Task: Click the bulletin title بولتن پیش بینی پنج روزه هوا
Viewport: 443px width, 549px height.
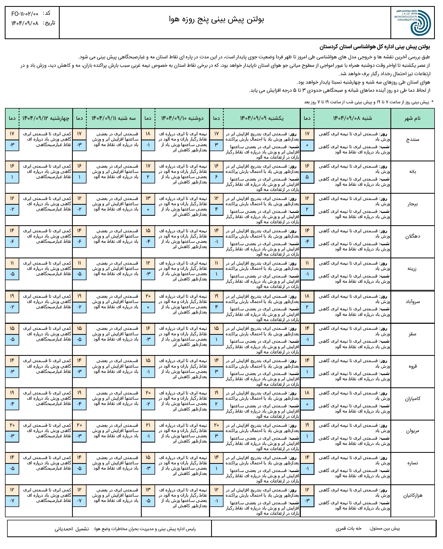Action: [217, 19]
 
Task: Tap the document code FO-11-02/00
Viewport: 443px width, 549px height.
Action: [25, 14]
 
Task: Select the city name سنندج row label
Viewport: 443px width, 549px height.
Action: [413, 140]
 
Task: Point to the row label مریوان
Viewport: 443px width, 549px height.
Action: [413, 431]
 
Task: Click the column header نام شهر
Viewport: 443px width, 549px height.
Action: [413, 119]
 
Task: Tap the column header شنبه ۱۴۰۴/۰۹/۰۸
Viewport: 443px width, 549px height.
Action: [352, 118]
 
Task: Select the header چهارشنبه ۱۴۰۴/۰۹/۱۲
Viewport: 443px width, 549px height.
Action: [46, 118]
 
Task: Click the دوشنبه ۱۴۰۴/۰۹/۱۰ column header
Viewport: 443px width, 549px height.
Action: [182, 118]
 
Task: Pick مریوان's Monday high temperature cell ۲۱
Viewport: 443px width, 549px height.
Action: [148, 425]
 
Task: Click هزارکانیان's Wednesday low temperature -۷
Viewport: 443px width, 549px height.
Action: [12, 501]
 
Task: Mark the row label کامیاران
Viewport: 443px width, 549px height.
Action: [413, 399]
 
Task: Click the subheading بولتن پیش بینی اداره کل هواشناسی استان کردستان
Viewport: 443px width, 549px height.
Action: [375, 47]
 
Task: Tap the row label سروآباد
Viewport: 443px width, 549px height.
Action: [413, 302]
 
